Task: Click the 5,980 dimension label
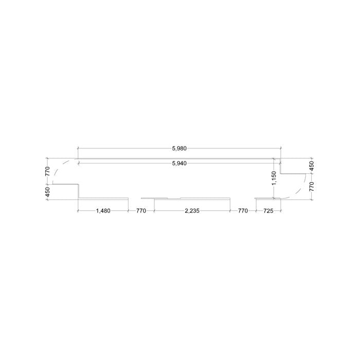179,148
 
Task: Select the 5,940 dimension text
179,163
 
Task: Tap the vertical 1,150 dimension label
274,178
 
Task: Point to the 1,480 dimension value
103,210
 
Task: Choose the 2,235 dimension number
192,210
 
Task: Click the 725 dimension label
268,210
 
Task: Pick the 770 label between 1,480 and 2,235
141,210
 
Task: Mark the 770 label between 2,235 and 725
243,210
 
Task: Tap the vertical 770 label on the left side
47,171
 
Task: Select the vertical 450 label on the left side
47,192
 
